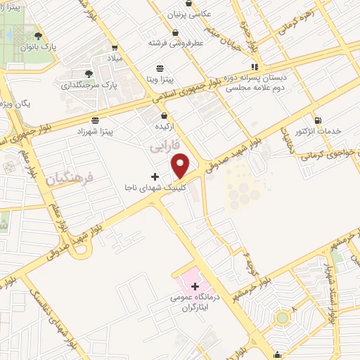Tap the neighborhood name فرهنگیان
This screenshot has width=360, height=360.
tap(70, 181)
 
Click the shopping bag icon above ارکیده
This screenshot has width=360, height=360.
tap(164, 115)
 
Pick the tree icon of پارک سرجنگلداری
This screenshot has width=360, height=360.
tap(88, 73)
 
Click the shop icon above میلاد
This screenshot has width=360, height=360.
tap(115, 49)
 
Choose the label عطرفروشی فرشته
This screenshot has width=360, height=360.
tap(170, 42)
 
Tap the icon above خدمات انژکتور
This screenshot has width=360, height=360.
tap(319, 120)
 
